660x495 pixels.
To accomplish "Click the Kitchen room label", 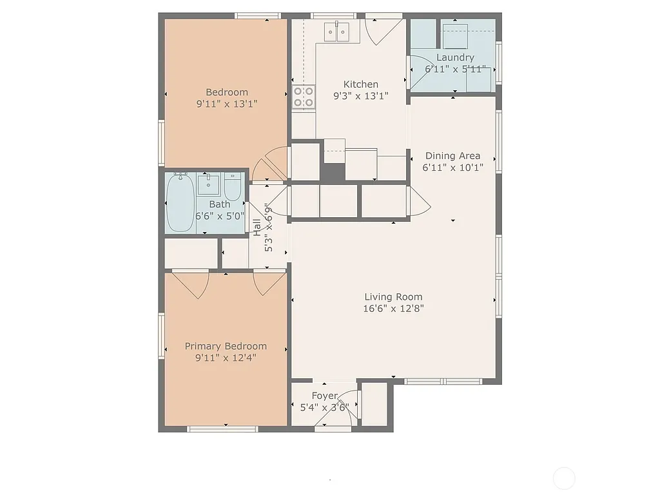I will (360, 84).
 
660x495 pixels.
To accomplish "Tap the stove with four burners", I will (304, 97).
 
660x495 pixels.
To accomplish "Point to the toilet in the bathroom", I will (233, 186).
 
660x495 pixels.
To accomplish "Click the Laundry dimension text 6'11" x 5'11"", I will (454, 69).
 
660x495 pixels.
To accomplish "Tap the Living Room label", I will (393, 297).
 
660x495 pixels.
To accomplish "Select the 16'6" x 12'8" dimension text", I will (393, 309).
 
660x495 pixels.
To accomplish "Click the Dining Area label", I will (452, 155).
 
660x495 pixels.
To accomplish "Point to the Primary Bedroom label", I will (226, 346).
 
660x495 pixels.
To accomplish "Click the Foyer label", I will (324, 396).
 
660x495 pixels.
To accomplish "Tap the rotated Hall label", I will (257, 227).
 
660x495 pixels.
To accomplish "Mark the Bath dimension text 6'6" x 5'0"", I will (220, 216).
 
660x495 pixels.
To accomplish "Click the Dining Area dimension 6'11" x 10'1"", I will (452, 167).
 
